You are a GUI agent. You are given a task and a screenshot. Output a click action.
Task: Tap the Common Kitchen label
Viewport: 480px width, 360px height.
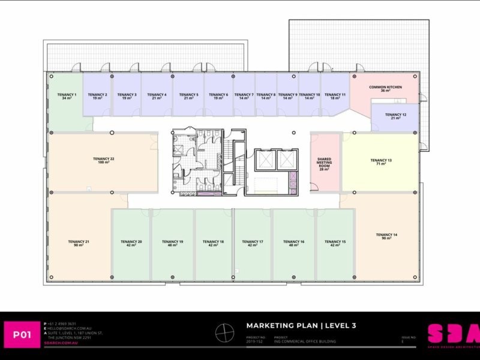point(385,88)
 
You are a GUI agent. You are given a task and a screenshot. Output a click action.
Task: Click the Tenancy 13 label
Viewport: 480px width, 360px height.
point(381,161)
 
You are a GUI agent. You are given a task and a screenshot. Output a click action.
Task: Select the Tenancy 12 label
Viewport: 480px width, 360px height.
point(395,116)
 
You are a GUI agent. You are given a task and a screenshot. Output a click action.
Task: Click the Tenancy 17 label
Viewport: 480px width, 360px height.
point(253,243)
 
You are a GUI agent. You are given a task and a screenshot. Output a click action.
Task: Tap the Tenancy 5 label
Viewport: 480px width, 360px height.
point(188,95)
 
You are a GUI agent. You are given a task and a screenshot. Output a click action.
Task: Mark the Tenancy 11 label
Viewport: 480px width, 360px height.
point(335,95)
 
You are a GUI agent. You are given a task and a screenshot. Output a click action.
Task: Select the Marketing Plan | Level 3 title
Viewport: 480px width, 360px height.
point(301,326)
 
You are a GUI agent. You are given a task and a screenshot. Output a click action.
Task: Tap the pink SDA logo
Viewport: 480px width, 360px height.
point(453,334)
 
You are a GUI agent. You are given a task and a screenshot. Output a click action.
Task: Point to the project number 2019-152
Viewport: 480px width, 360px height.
point(255,341)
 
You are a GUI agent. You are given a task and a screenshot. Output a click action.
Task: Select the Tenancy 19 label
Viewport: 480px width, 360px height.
point(173,243)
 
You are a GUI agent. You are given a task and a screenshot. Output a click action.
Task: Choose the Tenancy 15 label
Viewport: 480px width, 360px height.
point(335,243)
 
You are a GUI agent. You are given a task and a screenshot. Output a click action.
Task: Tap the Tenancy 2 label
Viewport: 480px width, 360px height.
point(97,95)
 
